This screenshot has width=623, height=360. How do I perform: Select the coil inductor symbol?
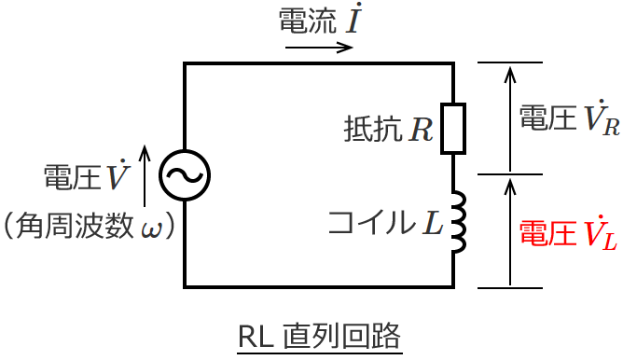[457, 223]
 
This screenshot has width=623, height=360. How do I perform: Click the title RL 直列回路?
[320, 337]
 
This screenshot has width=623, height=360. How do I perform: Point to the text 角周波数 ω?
[90, 225]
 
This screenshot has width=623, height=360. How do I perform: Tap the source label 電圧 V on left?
[86, 176]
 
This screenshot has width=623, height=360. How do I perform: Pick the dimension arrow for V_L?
[509, 231]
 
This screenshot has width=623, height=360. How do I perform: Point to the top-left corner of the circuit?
[185, 62]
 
